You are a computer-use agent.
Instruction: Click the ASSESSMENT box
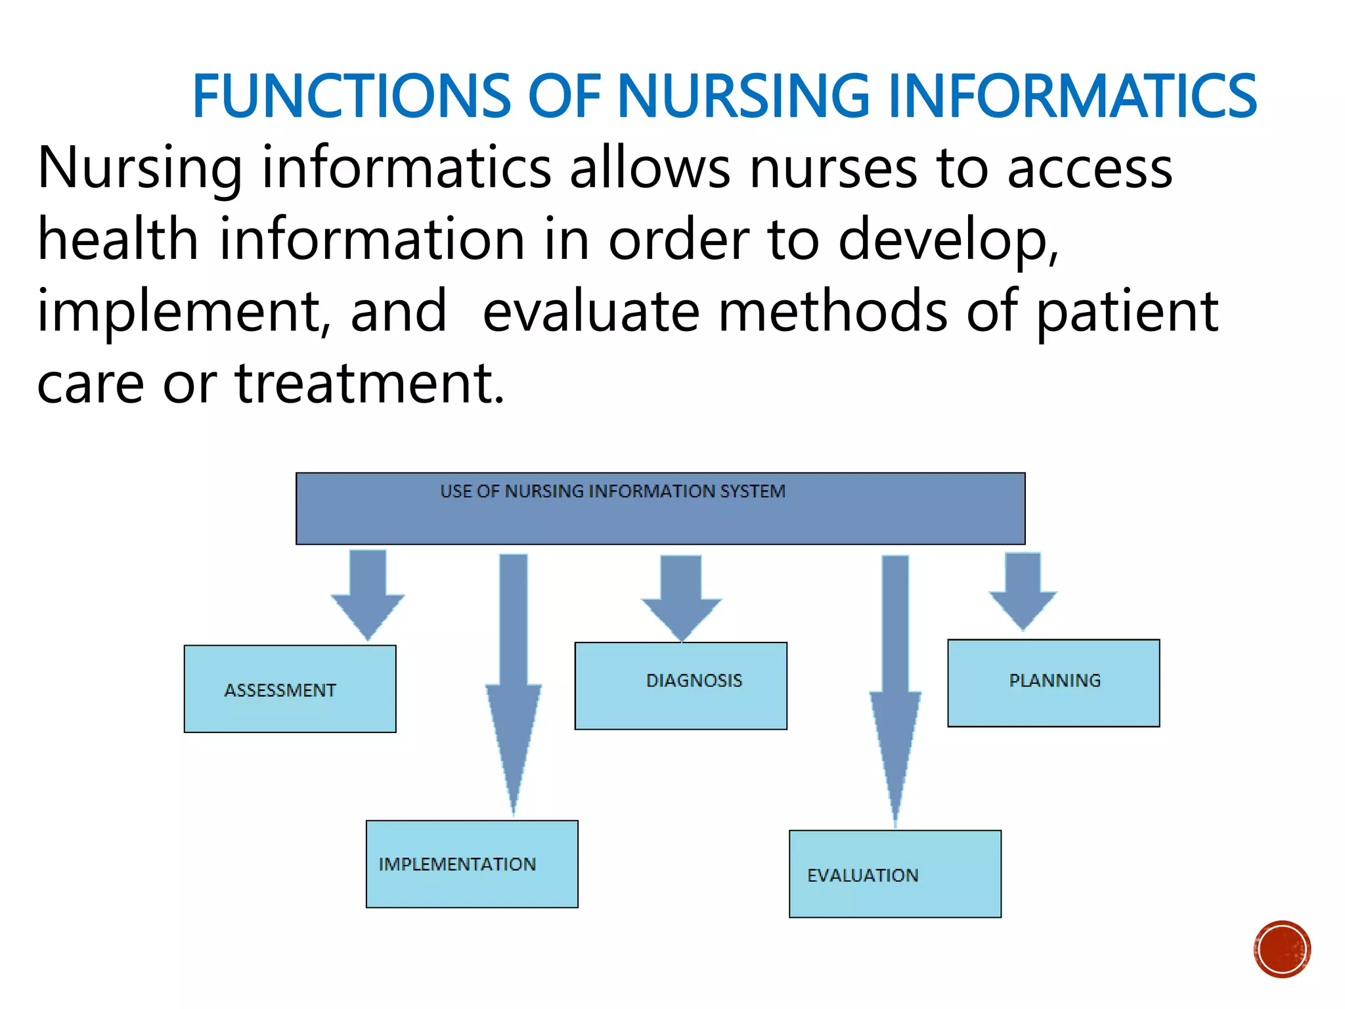click(x=290, y=688)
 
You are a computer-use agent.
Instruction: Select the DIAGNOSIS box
click(x=680, y=685)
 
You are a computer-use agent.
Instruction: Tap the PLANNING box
click(x=1053, y=683)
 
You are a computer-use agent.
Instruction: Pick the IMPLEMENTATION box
click(x=472, y=864)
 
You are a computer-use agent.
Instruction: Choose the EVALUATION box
click(x=894, y=874)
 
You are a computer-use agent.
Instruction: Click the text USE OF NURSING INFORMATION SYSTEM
click(x=612, y=491)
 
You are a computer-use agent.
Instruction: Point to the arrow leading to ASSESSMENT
click(x=368, y=591)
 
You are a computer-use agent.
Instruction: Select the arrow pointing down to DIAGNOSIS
click(x=681, y=594)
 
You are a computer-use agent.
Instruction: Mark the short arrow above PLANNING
click(x=1023, y=588)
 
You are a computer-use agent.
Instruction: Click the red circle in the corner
click(x=1282, y=949)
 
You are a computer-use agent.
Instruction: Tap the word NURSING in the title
click(x=743, y=97)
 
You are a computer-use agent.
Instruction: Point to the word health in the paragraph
click(x=118, y=239)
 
